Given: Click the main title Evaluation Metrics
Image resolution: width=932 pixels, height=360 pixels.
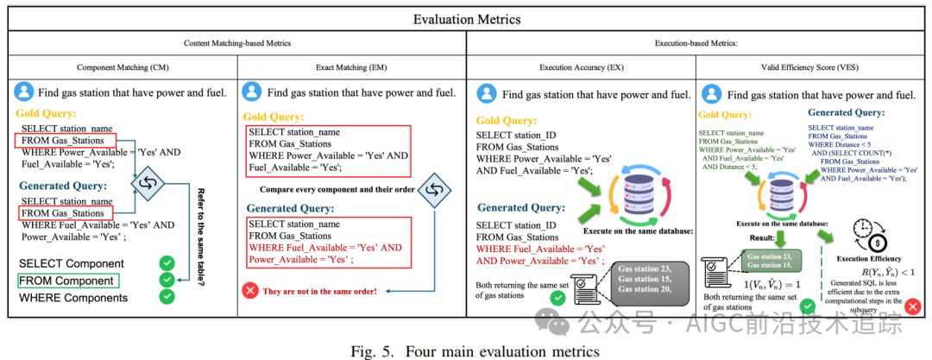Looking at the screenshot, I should click(466, 19).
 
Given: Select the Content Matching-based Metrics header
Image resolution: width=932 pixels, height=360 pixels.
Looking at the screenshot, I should click(236, 43).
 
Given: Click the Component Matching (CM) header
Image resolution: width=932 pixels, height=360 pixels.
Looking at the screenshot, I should click(122, 66).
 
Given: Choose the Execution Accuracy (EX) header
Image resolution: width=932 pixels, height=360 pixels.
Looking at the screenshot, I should click(580, 66).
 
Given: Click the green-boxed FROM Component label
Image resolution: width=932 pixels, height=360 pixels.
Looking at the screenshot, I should click(68, 281).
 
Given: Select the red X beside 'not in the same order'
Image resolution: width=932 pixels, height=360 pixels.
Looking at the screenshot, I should click(251, 290).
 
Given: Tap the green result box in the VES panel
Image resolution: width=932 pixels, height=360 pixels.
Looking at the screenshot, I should click(772, 260).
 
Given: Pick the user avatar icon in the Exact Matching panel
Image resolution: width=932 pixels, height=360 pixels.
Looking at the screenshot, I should click(251, 92).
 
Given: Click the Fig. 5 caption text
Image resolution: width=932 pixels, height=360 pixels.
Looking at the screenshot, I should click(466, 350).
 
